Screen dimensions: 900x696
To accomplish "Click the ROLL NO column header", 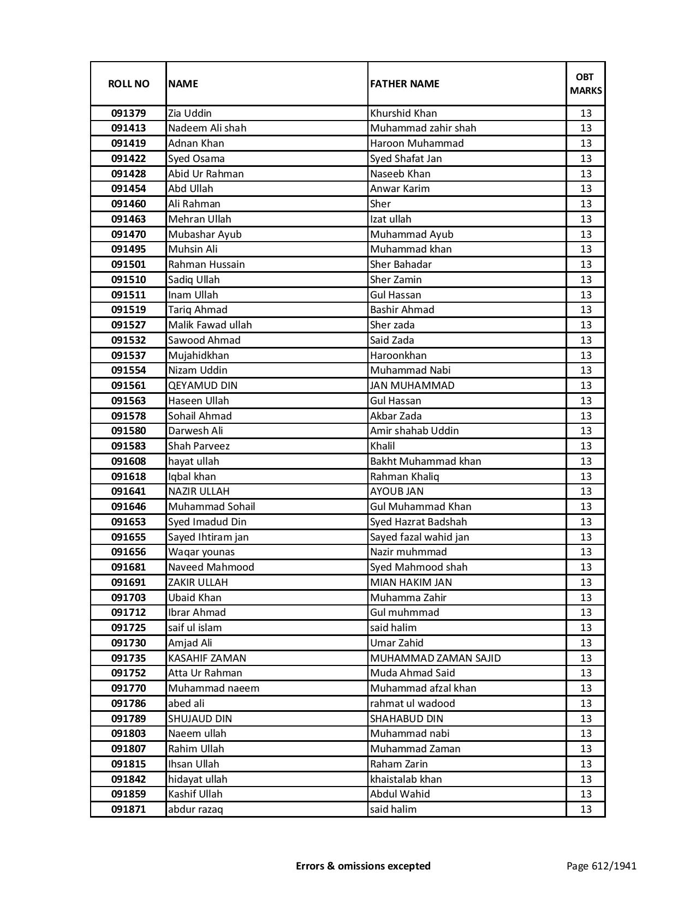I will point(128,83).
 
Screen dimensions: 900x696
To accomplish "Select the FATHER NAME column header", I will point(404,83).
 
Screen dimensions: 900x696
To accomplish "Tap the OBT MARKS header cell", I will point(586,83).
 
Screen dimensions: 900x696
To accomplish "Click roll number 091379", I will point(128,113).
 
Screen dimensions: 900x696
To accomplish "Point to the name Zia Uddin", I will point(190,113).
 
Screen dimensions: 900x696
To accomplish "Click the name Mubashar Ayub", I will point(205,235).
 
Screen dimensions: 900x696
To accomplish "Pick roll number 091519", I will point(128,310).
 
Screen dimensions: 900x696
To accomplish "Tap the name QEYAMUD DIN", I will point(203,386).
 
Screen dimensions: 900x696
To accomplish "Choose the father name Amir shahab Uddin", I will point(414,431).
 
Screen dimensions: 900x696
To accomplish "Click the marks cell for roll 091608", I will point(586,461).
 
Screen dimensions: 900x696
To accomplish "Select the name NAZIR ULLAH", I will point(199,491).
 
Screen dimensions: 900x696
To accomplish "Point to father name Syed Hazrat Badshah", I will point(419,522).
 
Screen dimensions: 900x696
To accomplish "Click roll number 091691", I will point(128,583).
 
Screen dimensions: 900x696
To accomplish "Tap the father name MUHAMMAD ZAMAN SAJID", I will point(435,658).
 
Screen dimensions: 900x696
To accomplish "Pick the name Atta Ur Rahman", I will point(205,673).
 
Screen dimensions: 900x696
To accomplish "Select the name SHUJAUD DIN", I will point(200,719).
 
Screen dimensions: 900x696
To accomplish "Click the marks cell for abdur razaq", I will point(586,809).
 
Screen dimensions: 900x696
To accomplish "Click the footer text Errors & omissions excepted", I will point(363,866).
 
